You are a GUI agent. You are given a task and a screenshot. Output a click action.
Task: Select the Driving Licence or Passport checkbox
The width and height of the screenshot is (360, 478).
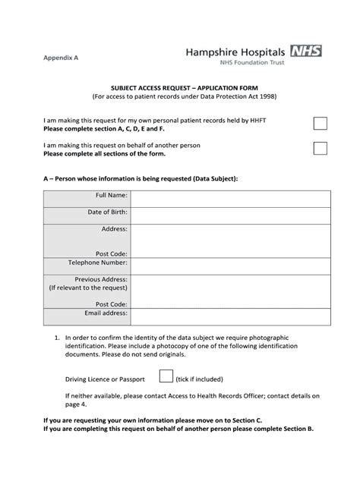tap(164, 376)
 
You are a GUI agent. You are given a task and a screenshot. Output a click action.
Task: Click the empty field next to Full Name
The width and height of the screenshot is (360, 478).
tap(230, 198)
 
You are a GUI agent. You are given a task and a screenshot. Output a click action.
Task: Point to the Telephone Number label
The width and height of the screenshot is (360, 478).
tap(99, 263)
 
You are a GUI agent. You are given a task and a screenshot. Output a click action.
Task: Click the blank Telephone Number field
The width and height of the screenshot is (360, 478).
tap(230, 263)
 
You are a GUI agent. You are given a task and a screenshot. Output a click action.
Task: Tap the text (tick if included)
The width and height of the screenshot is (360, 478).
tap(200, 378)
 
